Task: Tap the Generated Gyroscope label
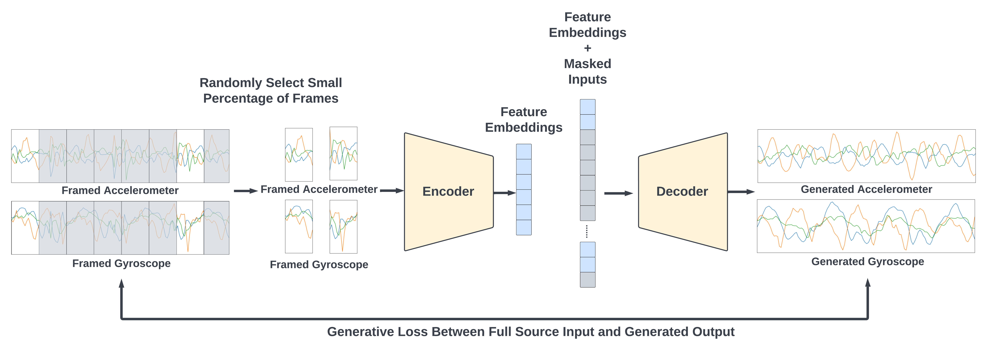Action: click(x=867, y=262)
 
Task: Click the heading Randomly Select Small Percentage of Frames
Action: click(x=270, y=90)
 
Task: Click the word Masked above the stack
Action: click(x=587, y=64)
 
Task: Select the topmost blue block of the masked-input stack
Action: click(x=587, y=107)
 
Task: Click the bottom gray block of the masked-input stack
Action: click(x=587, y=280)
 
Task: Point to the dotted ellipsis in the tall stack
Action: click(x=587, y=231)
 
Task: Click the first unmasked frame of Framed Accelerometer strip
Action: click(x=25, y=156)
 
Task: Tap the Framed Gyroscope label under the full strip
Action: click(x=122, y=263)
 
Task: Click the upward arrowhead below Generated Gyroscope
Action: click(x=868, y=283)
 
